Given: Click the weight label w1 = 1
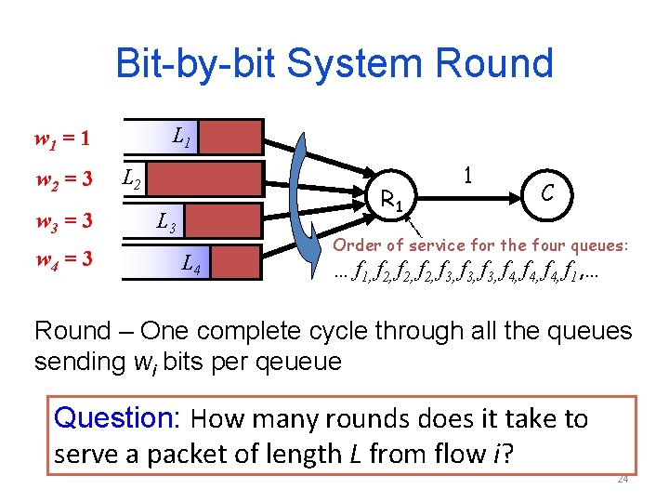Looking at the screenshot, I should tap(61, 140).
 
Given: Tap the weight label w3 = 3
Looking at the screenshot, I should tap(62, 221).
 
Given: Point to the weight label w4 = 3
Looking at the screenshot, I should tap(62, 258).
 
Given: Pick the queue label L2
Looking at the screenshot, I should tap(133, 175).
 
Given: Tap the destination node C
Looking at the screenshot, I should tap(548, 194).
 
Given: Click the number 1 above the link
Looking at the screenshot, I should tap(468, 175).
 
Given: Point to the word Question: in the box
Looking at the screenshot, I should tap(117, 418).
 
